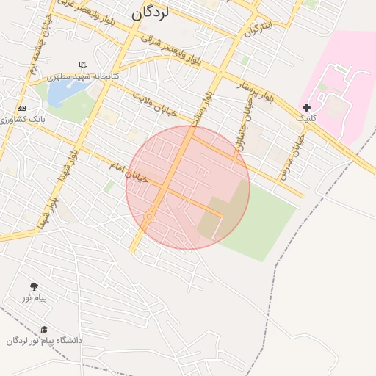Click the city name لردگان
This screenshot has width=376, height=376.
point(151,13)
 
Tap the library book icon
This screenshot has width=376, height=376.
point(82,65)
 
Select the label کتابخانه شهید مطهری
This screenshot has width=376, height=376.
point(83,76)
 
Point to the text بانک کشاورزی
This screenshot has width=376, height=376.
point(23,118)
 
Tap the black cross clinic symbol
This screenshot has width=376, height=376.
point(306,107)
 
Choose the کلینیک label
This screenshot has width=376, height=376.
point(305,117)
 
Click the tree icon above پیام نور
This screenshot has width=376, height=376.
point(34,286)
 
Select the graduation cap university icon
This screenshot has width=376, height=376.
point(44,330)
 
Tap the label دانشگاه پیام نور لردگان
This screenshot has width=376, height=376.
point(45,341)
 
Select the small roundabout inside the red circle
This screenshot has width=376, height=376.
point(148,217)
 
